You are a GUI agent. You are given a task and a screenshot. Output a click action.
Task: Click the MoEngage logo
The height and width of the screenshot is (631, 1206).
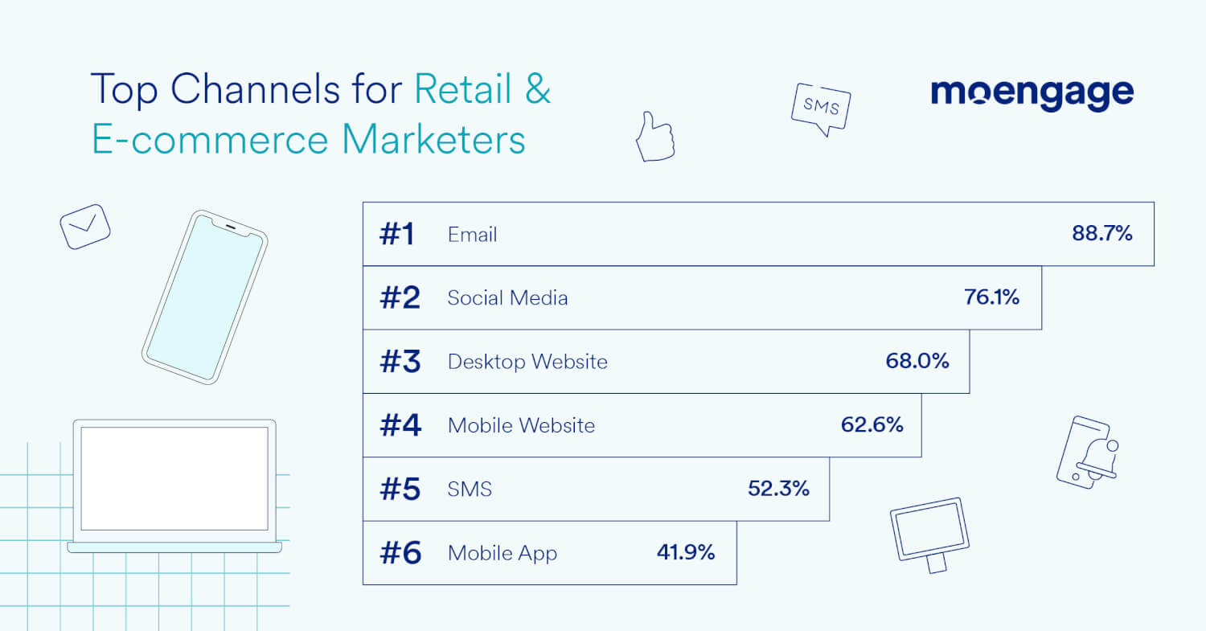(x=1032, y=95)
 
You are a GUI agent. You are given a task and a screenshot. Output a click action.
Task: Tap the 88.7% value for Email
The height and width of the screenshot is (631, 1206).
(x=1101, y=234)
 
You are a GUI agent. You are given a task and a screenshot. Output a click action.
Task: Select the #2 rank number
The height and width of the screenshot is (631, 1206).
(x=400, y=298)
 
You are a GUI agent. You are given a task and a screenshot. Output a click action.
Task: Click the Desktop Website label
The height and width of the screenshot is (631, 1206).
(x=527, y=362)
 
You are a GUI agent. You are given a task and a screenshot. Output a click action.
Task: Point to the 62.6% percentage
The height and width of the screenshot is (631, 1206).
(x=872, y=424)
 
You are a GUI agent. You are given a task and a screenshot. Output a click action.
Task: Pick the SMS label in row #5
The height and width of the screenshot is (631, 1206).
(x=470, y=489)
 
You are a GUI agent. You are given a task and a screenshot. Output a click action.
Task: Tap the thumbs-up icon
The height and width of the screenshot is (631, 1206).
(x=654, y=138)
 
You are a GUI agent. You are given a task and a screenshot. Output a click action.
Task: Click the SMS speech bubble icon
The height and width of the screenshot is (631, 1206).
(x=821, y=108)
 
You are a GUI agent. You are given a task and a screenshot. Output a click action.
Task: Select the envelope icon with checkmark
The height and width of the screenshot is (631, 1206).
(x=84, y=226)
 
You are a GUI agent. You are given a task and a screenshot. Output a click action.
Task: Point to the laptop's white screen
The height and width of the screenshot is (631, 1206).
(x=174, y=477)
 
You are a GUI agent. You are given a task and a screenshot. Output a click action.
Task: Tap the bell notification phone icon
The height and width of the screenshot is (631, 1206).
(x=1088, y=452)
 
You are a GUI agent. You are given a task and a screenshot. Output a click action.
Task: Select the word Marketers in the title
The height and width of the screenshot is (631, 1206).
(x=433, y=140)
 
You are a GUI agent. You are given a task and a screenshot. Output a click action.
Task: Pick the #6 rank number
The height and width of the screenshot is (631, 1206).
(x=400, y=553)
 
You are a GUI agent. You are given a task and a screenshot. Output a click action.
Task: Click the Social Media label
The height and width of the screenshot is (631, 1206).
(x=507, y=298)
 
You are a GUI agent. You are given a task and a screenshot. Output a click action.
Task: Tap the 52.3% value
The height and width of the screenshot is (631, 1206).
(x=778, y=489)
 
